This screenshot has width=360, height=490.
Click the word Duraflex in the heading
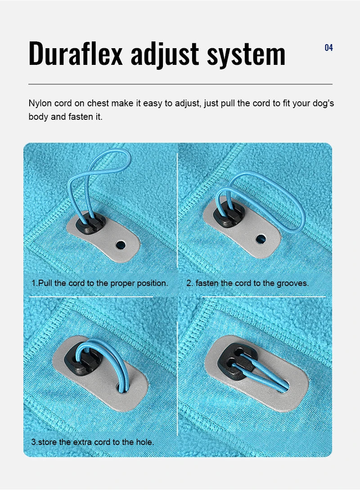(x=76, y=54)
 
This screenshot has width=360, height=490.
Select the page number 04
(x=328, y=48)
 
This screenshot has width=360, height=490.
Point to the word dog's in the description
(x=322, y=104)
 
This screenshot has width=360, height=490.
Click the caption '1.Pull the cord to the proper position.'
(x=99, y=283)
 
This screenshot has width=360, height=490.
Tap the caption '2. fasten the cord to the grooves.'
(x=247, y=283)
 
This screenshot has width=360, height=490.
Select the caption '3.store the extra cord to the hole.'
(x=92, y=442)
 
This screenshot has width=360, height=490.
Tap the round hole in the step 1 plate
(x=120, y=245)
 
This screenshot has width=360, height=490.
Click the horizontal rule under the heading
(x=180, y=84)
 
